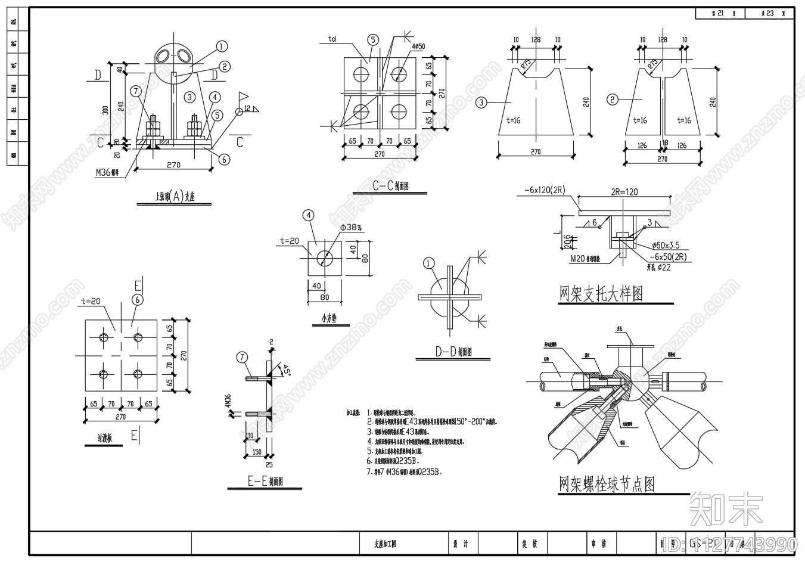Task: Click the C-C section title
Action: point(390,186)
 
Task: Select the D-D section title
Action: point(453,352)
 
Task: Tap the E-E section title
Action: point(265,482)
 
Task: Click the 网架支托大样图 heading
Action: point(601,294)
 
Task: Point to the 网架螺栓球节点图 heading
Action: point(607,484)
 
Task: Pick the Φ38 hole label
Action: point(352,228)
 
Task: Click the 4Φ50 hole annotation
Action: point(418,46)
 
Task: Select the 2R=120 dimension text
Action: point(624,192)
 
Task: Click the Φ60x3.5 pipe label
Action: point(666,245)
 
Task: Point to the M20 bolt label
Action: point(586,258)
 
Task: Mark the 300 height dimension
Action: point(105,110)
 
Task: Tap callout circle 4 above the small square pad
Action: point(308,215)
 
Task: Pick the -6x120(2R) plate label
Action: point(545,190)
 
